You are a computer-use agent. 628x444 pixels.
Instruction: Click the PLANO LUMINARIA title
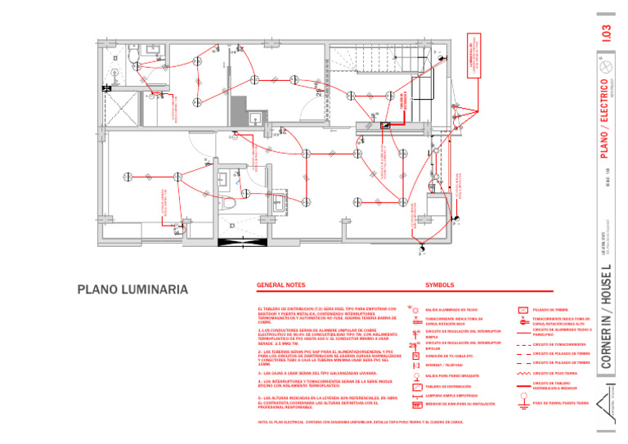(132, 289)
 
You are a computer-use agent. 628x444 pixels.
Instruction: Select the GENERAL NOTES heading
(280, 285)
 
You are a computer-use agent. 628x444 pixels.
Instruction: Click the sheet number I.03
(606, 32)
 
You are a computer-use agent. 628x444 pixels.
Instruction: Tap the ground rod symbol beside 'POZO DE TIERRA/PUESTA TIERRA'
(524, 401)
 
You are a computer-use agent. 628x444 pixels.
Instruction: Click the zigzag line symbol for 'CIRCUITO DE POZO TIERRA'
(524, 373)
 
